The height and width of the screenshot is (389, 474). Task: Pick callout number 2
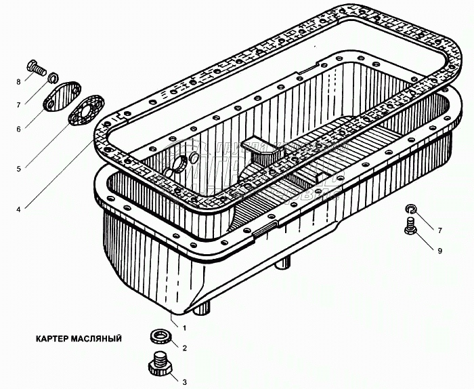click(x=184, y=348)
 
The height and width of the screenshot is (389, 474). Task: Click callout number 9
click(x=439, y=251)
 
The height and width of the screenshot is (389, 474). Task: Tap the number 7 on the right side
click(x=439, y=231)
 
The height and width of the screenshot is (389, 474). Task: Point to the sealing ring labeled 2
click(x=160, y=336)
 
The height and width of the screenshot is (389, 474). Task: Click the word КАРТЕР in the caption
click(x=50, y=338)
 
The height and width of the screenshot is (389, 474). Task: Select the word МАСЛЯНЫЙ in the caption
click(x=98, y=338)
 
